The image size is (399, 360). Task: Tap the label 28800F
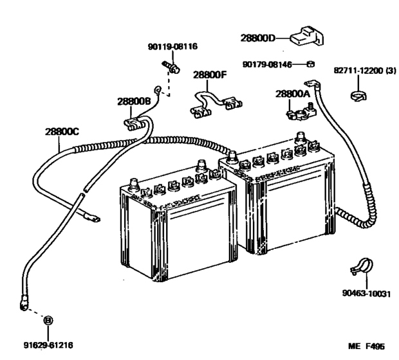point(209,75)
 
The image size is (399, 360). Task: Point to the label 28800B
point(134,101)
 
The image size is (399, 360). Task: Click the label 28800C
point(62,131)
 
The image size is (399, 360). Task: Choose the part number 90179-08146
point(270,64)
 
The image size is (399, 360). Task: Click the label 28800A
point(293,94)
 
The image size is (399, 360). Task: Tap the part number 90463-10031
point(365,294)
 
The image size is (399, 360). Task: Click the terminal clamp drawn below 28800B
point(134,119)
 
